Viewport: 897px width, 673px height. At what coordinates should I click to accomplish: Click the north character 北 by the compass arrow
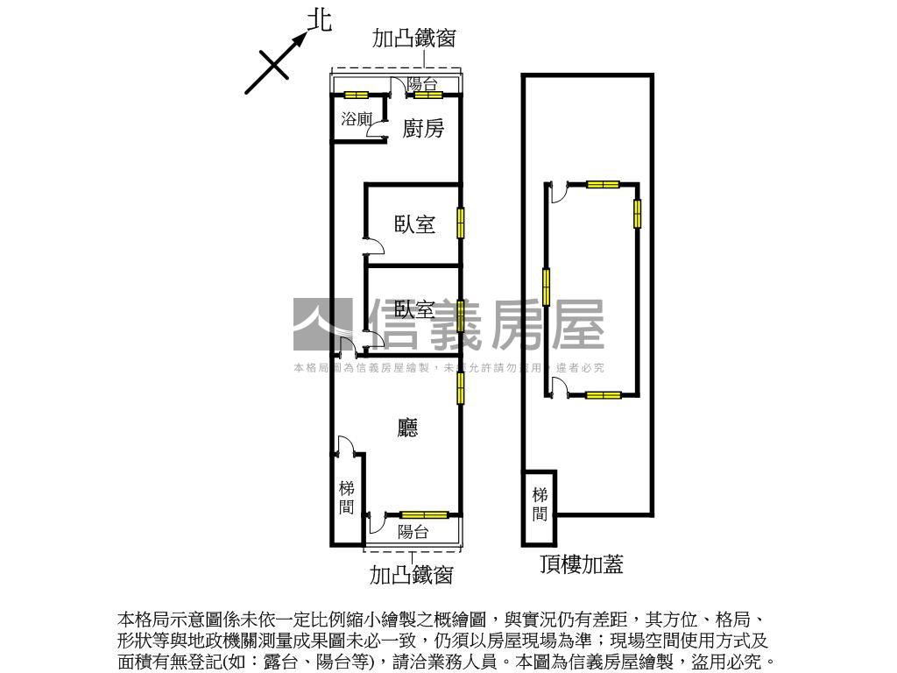pyautogui.click(x=321, y=21)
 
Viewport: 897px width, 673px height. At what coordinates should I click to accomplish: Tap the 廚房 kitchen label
pyautogui.click(x=423, y=129)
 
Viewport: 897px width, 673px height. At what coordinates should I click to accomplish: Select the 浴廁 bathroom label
pyautogui.click(x=357, y=119)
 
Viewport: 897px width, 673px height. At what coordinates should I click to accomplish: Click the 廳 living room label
pyautogui.click(x=407, y=428)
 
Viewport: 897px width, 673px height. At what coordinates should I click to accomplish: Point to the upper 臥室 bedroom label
pyautogui.click(x=414, y=224)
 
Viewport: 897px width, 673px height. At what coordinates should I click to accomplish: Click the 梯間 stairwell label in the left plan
pyautogui.click(x=347, y=498)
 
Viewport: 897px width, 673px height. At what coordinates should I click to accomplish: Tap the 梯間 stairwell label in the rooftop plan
pyautogui.click(x=540, y=504)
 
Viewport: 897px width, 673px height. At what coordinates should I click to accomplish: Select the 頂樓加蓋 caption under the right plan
pyautogui.click(x=582, y=564)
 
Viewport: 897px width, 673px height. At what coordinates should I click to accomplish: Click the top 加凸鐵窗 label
pyautogui.click(x=413, y=39)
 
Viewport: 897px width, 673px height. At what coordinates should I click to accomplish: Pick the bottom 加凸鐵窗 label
pyautogui.click(x=411, y=575)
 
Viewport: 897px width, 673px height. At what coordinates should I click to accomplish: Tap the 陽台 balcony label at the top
pyautogui.click(x=421, y=84)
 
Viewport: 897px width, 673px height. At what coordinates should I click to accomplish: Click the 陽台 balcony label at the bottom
pyautogui.click(x=413, y=531)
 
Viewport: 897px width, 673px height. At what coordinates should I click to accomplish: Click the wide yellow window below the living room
pyautogui.click(x=424, y=515)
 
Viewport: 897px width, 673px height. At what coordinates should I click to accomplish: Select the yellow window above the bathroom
pyautogui.click(x=356, y=95)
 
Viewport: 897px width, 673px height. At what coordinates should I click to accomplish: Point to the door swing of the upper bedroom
pyautogui.click(x=372, y=244)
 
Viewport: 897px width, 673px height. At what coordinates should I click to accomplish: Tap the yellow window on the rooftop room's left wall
pyautogui.click(x=547, y=286)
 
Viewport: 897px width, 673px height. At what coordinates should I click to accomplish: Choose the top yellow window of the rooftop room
pyautogui.click(x=603, y=184)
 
